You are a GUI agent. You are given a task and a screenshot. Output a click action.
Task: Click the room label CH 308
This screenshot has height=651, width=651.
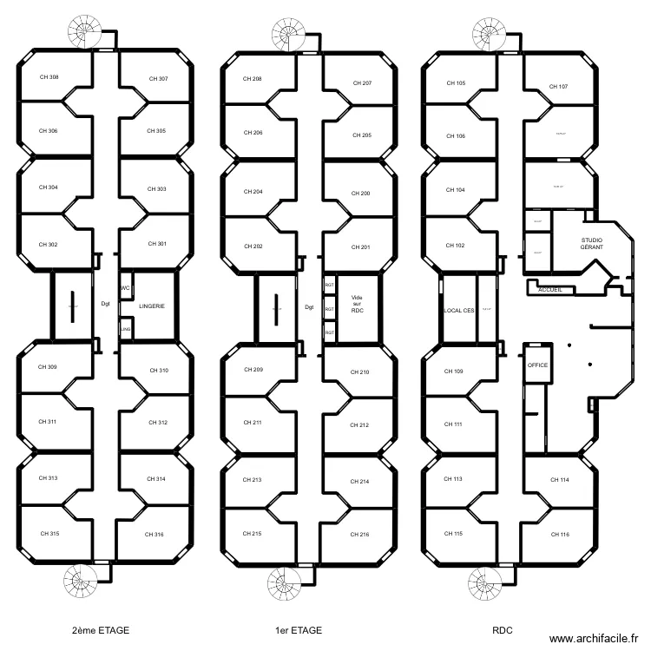49,77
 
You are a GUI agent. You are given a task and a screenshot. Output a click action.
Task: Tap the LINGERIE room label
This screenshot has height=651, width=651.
151,306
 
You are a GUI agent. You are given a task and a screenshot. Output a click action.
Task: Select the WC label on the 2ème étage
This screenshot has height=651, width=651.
125,288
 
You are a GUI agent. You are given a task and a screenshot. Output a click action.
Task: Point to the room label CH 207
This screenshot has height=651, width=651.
362,83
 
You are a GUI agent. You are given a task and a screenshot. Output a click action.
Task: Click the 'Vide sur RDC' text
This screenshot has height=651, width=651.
357,304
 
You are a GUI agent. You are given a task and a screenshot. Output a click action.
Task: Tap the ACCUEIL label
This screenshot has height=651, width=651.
550,289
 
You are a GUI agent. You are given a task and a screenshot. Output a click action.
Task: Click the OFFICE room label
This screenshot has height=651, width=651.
537,365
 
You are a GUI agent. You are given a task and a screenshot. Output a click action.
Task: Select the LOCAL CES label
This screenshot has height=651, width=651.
458,310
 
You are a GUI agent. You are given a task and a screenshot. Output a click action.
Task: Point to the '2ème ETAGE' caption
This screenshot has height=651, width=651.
102,631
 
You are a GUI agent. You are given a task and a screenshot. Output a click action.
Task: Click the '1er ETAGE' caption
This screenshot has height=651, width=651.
297,631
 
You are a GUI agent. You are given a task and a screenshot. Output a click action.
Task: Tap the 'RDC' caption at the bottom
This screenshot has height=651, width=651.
502,631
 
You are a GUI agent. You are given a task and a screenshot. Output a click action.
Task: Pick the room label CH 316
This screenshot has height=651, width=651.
155,535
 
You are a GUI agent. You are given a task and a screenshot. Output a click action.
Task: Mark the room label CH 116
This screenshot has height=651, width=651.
559,535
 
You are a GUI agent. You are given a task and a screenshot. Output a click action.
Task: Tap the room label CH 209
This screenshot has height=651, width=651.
253,370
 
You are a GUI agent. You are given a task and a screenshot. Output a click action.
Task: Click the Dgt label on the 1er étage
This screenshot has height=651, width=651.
309,306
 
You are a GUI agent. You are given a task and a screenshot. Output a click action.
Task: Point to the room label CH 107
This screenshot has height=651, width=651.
558,87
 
